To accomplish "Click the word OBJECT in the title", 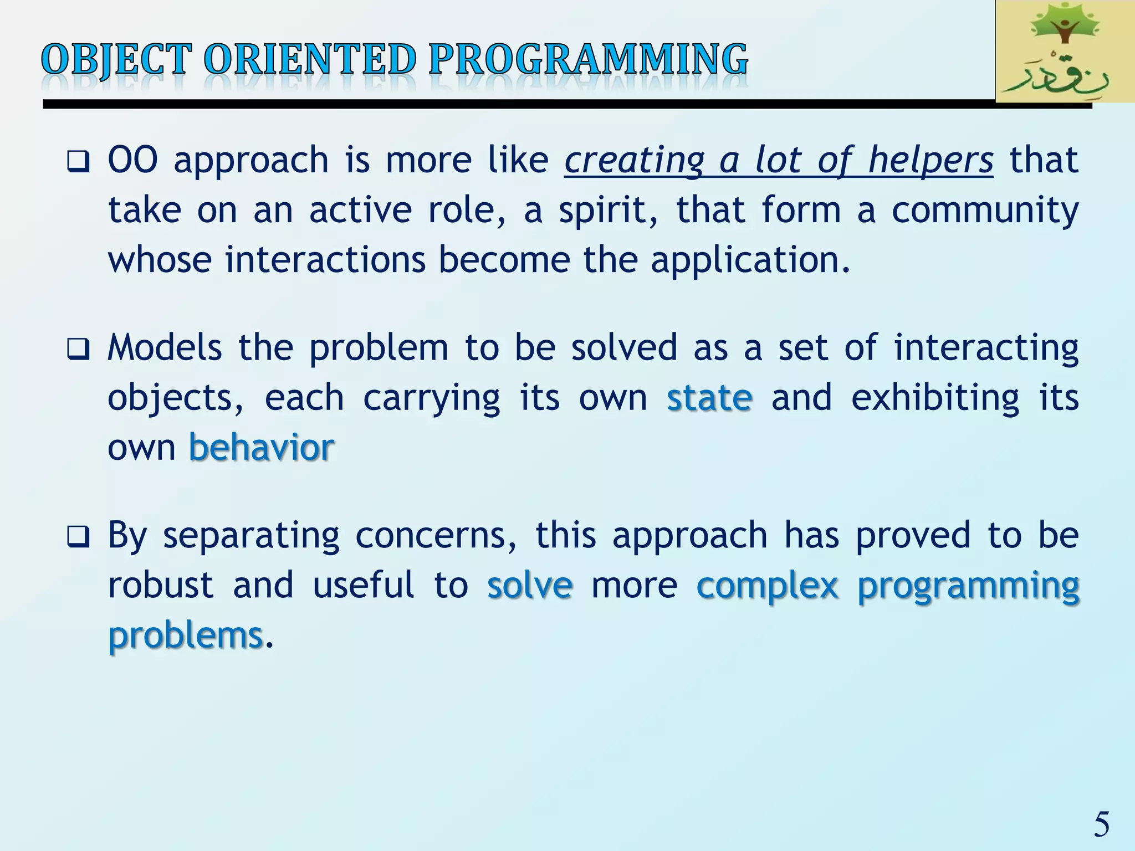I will [116, 59].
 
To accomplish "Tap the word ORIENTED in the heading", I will [310, 59].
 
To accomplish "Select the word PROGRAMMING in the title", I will [588, 59].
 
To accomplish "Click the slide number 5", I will [1101, 824].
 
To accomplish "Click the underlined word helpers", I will [931, 161].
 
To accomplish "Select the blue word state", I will [709, 398].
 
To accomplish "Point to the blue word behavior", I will [262, 447].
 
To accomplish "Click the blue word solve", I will [530, 585].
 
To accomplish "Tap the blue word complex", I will [768, 586].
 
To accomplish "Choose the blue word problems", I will [185, 635].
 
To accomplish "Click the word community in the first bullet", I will [985, 211].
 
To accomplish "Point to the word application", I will [750, 260].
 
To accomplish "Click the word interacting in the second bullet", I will [986, 348].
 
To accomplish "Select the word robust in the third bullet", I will [161, 585].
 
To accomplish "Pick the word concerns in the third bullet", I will [436, 536].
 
